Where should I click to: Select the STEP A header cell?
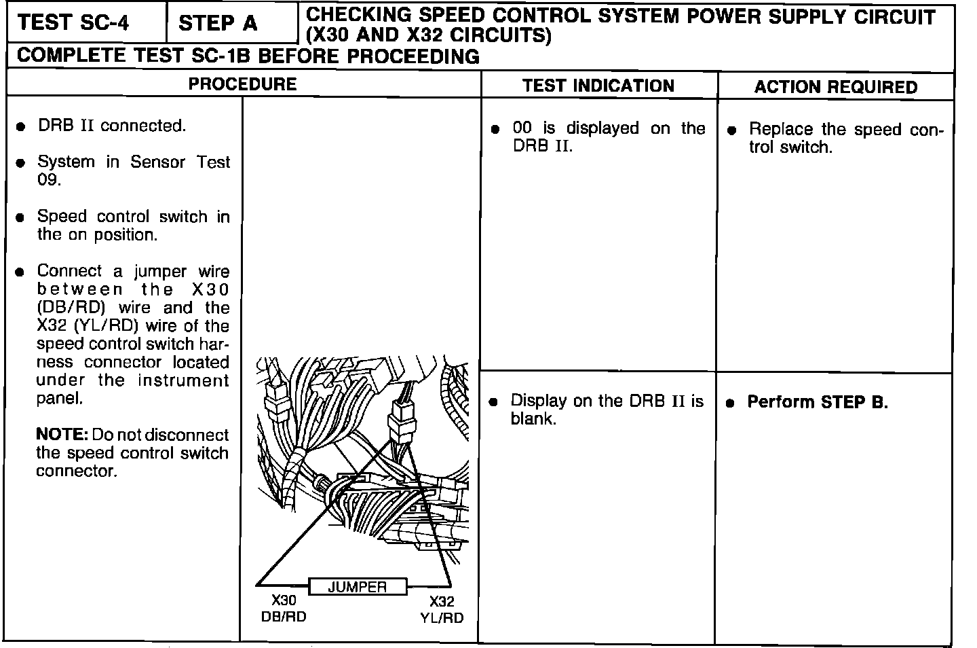[218, 24]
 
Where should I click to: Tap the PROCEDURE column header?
[242, 84]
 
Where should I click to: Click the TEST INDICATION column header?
[598, 86]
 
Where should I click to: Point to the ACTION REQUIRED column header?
[835, 87]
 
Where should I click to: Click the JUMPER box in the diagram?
[358, 587]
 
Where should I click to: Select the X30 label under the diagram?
[284, 600]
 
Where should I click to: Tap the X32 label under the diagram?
[442, 601]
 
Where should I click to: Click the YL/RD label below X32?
[442, 617]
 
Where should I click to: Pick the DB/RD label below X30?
[284, 616]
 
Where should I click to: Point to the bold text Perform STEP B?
[817, 402]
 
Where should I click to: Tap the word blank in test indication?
[533, 419]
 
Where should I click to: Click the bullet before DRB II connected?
[22, 127]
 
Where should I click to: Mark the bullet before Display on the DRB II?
[493, 402]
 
